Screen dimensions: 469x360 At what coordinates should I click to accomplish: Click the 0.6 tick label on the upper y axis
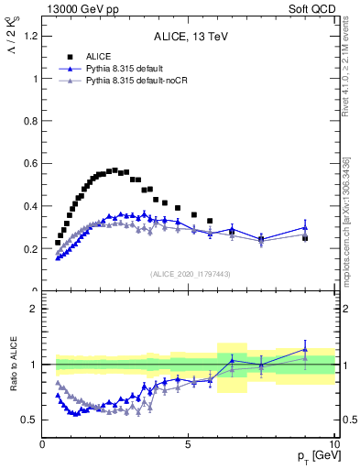(30, 163)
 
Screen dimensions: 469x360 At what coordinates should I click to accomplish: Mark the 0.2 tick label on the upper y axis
(30, 248)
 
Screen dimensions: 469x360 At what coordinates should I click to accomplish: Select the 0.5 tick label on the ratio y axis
(30, 420)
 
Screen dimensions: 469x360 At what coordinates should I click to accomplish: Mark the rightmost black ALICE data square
(305, 237)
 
